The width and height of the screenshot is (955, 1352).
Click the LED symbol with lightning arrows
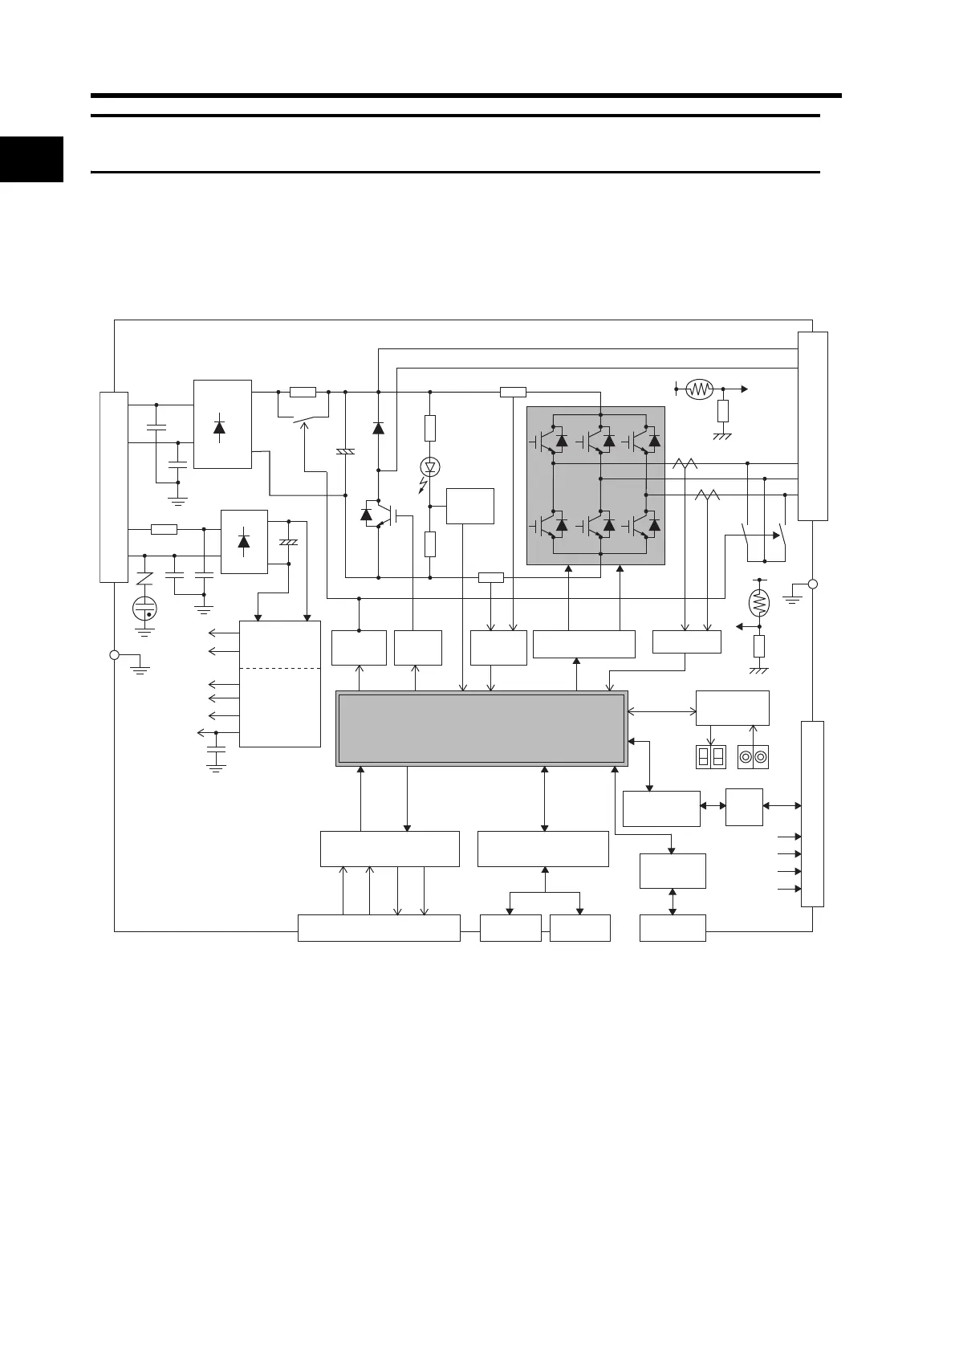(429, 466)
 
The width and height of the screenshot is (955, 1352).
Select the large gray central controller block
(481, 728)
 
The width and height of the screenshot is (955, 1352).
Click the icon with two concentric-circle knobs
(753, 757)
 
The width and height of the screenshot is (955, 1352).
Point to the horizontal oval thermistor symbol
(700, 389)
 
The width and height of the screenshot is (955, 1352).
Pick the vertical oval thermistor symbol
(758, 601)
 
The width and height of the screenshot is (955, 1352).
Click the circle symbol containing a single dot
(145, 609)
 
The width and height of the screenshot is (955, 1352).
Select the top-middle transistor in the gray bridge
(598, 439)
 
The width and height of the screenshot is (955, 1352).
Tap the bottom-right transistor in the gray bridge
(644, 525)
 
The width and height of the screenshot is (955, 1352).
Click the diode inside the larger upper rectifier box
(220, 426)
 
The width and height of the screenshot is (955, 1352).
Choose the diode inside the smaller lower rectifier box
(244, 541)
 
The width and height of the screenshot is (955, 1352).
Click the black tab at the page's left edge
(31, 159)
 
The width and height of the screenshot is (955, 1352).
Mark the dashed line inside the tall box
(280, 668)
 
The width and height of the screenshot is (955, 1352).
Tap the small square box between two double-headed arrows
(743, 807)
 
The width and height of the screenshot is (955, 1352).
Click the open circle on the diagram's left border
(114, 655)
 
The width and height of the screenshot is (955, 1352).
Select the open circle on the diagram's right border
(812, 584)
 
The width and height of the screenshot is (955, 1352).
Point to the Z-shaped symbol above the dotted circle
(144, 578)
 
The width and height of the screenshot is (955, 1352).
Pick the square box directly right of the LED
(470, 506)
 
